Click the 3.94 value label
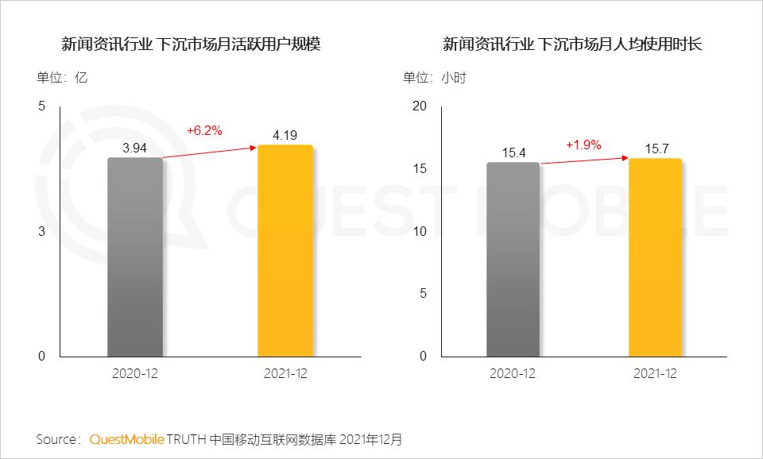[x=135, y=148]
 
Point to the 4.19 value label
[x=285, y=135]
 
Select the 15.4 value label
[x=513, y=152]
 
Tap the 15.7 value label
[x=655, y=148]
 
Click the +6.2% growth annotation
[x=204, y=129]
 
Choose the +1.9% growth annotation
[x=583, y=145]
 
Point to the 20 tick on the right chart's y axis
[x=420, y=106]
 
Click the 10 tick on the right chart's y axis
[x=420, y=231]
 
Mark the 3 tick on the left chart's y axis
[x=41, y=231]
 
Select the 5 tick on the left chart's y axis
[x=41, y=106]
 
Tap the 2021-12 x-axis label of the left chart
[x=285, y=373]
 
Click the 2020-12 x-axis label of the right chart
[x=513, y=373]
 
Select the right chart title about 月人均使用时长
[x=572, y=44]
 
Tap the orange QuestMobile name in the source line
[x=127, y=438]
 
